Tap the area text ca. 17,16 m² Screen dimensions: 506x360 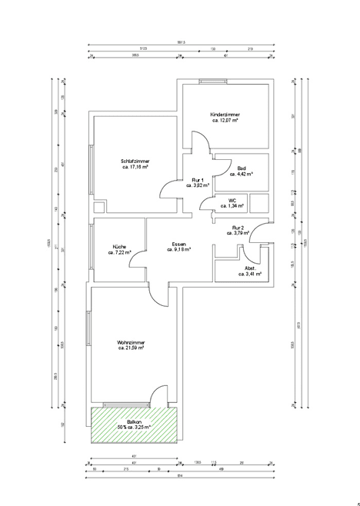click(134, 166)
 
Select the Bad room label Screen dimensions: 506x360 click(242, 168)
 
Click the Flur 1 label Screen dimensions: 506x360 click(198, 180)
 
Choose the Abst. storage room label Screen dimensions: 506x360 click(250, 268)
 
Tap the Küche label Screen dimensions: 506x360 click(119, 246)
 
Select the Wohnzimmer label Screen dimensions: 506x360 click(132, 342)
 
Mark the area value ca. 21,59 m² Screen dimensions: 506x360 click(132, 348)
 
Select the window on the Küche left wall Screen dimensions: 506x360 click(92, 251)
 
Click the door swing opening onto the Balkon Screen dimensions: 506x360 click(161, 394)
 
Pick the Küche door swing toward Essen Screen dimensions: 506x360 click(137, 258)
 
